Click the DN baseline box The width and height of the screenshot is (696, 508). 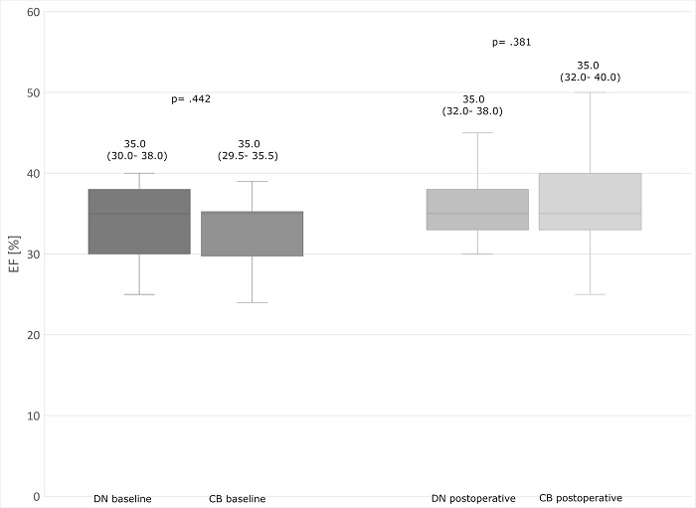click(139, 222)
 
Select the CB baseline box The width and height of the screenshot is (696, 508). click(252, 234)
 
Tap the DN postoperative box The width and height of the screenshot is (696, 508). click(477, 210)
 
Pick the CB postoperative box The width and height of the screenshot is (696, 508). click(590, 202)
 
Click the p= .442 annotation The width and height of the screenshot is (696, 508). click(191, 98)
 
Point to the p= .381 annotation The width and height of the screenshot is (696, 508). click(512, 42)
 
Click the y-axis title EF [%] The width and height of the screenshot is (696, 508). click(12, 254)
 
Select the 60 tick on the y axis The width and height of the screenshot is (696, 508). click(33, 12)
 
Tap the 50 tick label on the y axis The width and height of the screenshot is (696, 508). click(33, 92)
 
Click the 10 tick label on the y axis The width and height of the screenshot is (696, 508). click(33, 416)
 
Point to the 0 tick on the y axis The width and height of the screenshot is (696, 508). click(36, 496)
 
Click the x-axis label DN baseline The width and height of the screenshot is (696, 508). click(123, 498)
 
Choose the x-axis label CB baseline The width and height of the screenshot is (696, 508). click(238, 498)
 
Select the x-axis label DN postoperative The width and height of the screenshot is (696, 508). click(473, 498)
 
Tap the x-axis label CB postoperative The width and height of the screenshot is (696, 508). click(581, 498)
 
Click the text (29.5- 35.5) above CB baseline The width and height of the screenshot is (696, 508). click(249, 156)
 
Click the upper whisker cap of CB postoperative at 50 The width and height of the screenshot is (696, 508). click(590, 92)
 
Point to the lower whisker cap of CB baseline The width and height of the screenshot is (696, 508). click(252, 302)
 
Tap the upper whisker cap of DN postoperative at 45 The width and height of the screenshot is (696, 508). click(477, 133)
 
